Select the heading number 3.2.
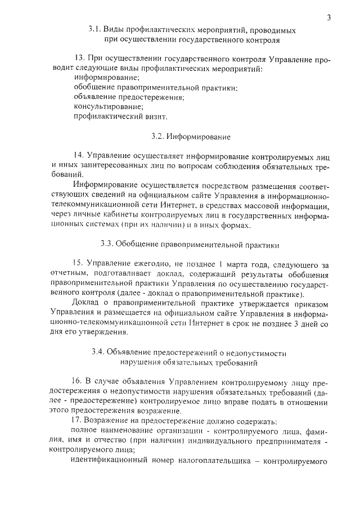(x=159, y=136)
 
